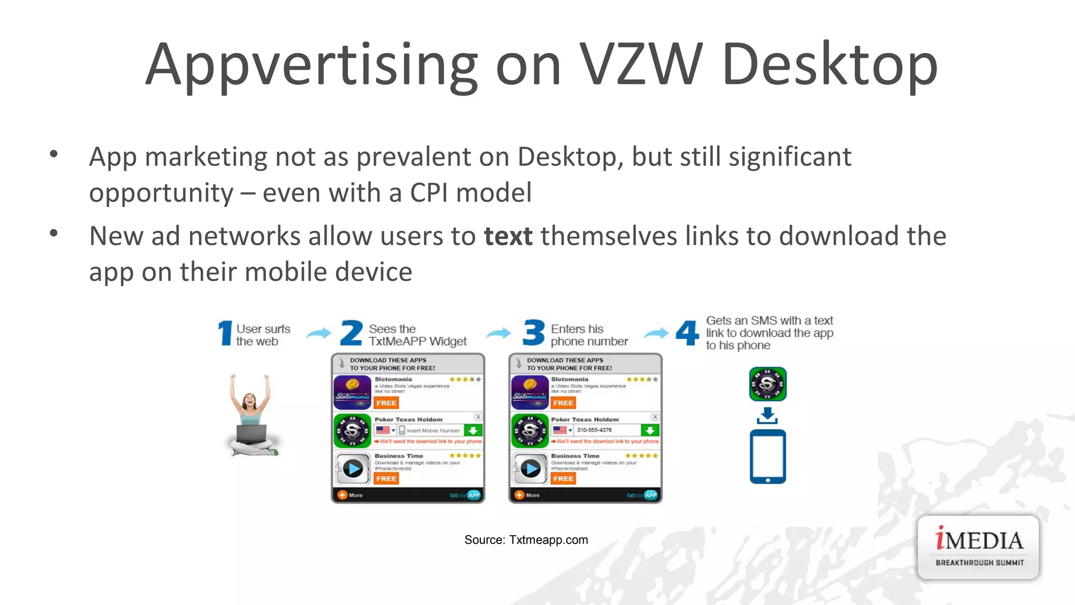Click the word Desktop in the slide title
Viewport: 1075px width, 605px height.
point(829,66)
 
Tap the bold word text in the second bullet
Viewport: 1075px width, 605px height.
point(508,236)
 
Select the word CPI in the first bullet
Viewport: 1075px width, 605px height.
point(429,193)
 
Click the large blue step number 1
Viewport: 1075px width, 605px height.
point(225,333)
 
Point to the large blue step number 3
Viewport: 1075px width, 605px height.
point(534,333)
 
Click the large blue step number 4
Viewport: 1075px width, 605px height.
point(687,333)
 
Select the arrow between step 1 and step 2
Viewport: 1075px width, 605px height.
point(319,333)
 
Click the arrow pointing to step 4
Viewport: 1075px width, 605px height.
point(656,333)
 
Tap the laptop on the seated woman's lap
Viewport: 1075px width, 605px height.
point(251,434)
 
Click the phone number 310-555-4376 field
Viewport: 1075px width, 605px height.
point(606,430)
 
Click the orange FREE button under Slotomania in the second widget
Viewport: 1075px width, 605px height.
point(563,403)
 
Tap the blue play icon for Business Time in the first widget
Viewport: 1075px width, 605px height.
point(353,469)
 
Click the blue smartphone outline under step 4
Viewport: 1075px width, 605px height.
point(767,456)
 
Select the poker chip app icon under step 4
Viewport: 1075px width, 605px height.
point(767,384)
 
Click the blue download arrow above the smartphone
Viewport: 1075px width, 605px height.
point(767,415)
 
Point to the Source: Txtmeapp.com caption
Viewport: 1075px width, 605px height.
point(526,540)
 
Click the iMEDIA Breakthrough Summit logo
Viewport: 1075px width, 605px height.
point(978,548)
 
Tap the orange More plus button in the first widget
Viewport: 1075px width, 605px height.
point(342,495)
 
